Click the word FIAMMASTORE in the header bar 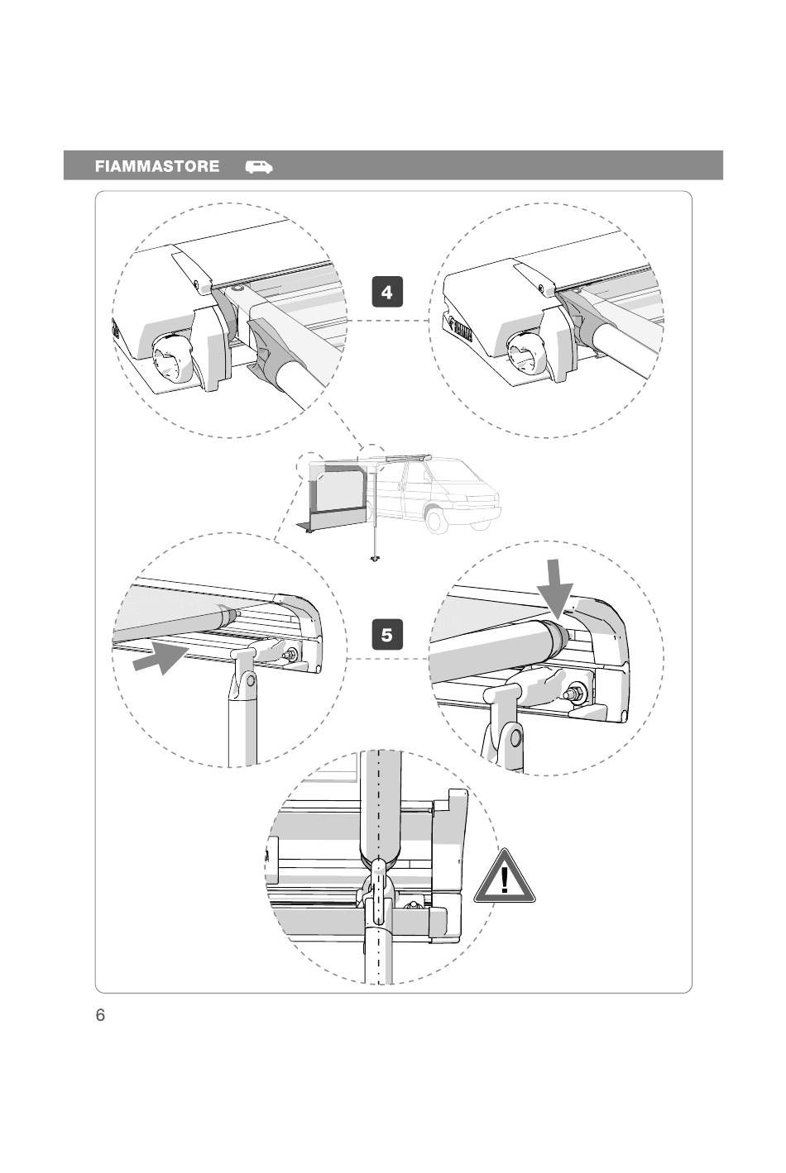click(x=156, y=166)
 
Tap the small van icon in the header click(x=259, y=166)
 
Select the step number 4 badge click(x=386, y=292)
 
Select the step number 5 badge click(x=386, y=635)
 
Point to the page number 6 click(x=100, y=1014)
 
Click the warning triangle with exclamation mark click(x=504, y=878)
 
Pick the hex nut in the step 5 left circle click(x=290, y=654)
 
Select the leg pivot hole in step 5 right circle click(x=515, y=738)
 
